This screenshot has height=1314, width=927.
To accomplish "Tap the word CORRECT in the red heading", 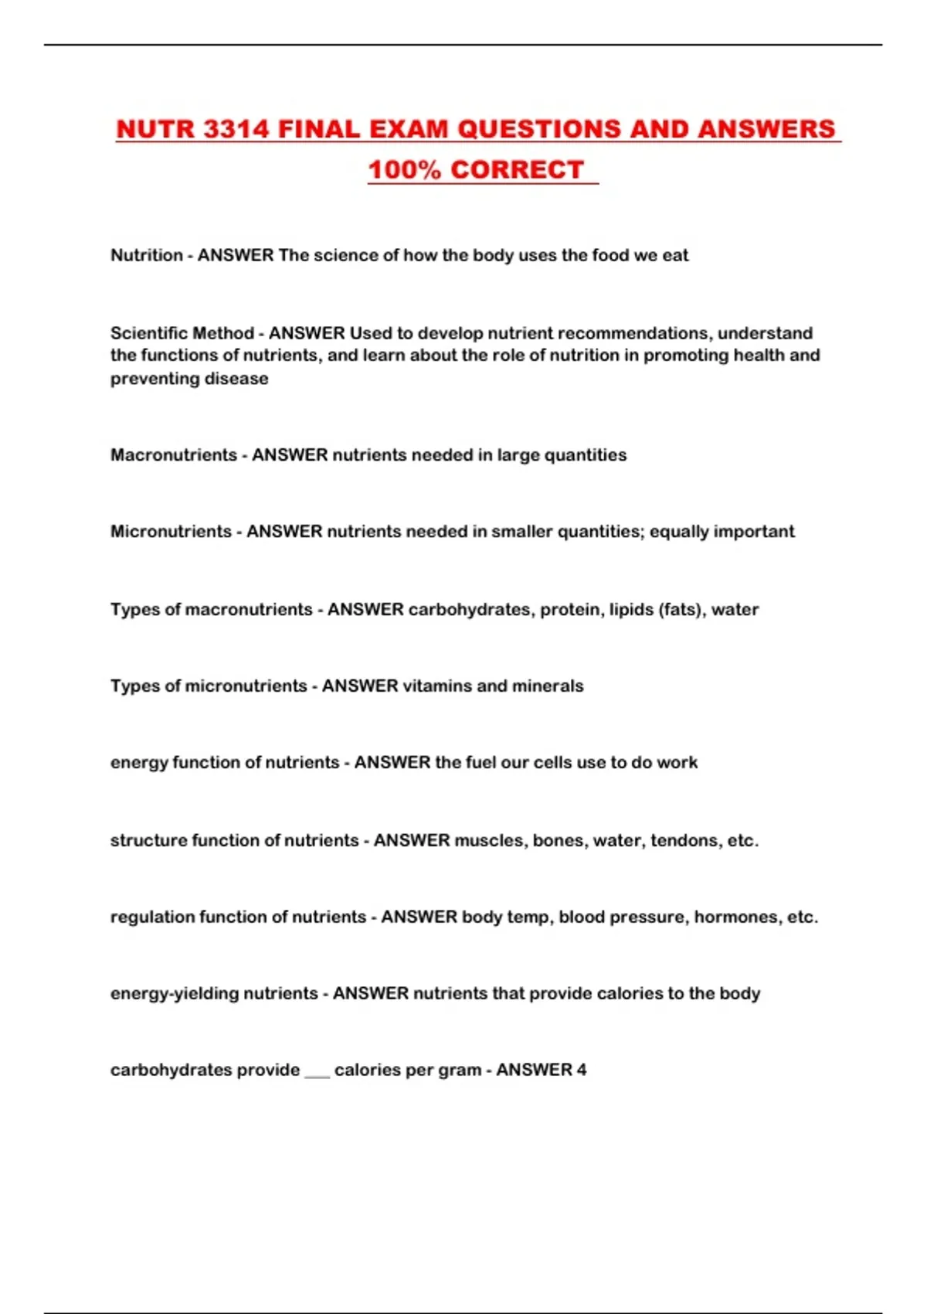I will [517, 170].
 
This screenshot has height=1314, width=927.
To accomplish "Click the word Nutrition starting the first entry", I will [147, 255].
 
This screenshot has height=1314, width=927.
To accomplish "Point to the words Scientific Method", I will [182, 333].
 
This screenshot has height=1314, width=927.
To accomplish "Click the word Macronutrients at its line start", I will [174, 454].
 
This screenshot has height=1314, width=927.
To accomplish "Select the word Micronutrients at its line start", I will [171, 531].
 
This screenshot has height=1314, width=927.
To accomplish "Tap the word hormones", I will [737, 917].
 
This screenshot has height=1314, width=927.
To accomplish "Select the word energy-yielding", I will [175, 993].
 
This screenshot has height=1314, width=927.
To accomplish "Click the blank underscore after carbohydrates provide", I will [317, 1073].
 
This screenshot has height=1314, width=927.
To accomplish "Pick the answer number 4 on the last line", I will [582, 1070].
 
